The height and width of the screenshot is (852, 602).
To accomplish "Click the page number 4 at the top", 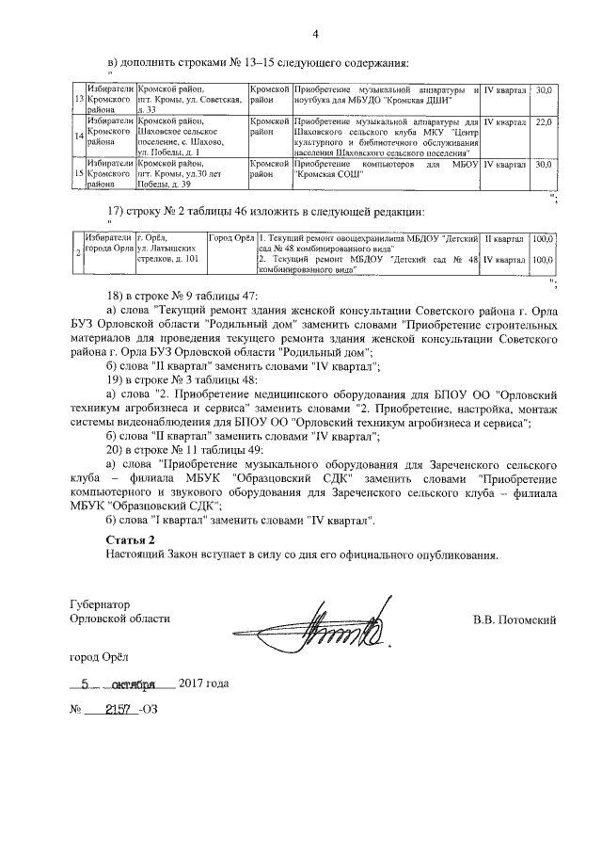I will [316, 36].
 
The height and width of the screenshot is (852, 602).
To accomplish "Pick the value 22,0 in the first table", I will [543, 122].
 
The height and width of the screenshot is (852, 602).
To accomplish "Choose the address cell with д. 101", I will [167, 249].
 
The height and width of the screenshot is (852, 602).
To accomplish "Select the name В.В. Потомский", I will [515, 619].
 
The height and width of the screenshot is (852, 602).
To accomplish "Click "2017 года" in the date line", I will [203, 683].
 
